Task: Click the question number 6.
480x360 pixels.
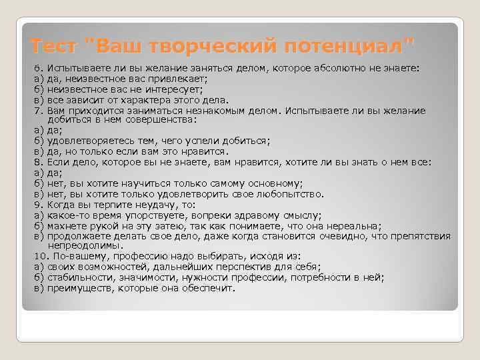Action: tap(38, 68)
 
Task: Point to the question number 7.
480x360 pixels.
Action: tap(38, 110)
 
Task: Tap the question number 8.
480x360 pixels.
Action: tap(38, 161)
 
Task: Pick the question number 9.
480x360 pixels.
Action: tap(38, 204)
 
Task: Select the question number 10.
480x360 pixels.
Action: tap(40, 255)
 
